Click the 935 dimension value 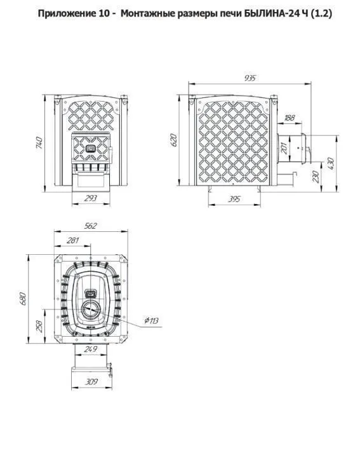[250, 78]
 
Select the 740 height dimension [39, 143]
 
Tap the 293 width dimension [90, 198]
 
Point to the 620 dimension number [173, 140]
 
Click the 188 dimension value [290, 118]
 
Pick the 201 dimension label [284, 149]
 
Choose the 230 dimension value [316, 177]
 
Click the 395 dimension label [234, 200]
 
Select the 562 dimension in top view [90, 226]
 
